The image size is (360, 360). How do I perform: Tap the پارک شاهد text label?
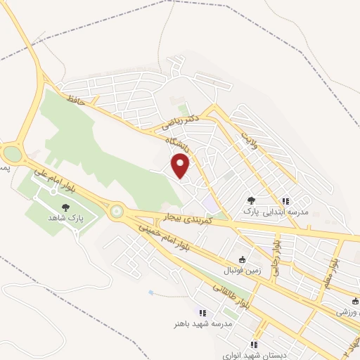tap(65, 219)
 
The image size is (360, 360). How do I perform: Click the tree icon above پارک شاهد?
tap(65, 207)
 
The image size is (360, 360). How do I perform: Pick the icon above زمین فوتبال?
tap(243, 259)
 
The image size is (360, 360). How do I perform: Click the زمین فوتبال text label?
tap(242, 270)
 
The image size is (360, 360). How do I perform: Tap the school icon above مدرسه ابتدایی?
tap(285, 200)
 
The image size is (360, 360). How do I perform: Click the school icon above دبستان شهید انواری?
tap(254, 345)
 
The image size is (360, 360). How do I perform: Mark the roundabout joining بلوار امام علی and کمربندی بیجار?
tap(116, 210)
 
